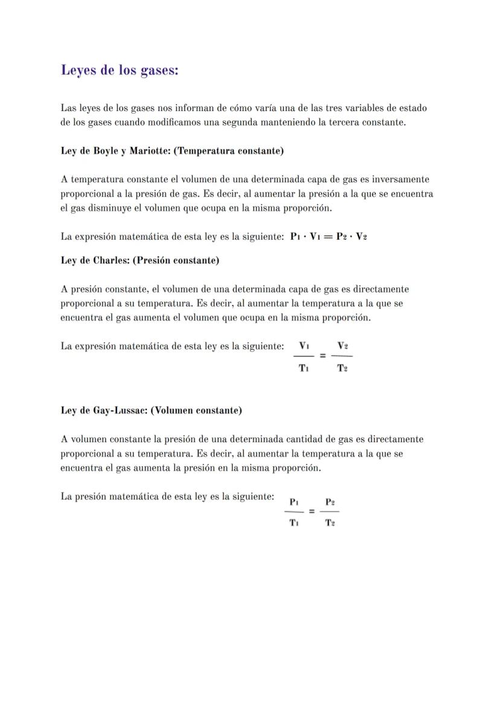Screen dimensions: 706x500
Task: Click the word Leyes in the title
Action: (x=80, y=71)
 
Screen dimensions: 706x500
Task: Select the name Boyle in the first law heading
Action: (x=106, y=150)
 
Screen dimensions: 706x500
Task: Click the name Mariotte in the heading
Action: (x=151, y=150)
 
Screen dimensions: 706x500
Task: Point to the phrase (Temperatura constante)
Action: (x=228, y=150)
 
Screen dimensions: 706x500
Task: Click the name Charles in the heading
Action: (x=111, y=260)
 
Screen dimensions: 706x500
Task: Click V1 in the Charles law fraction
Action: (x=304, y=346)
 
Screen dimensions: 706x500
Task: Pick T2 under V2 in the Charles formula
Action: (x=342, y=368)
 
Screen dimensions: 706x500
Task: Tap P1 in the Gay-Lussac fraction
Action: (x=294, y=501)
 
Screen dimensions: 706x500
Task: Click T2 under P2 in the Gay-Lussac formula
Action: (x=330, y=523)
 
